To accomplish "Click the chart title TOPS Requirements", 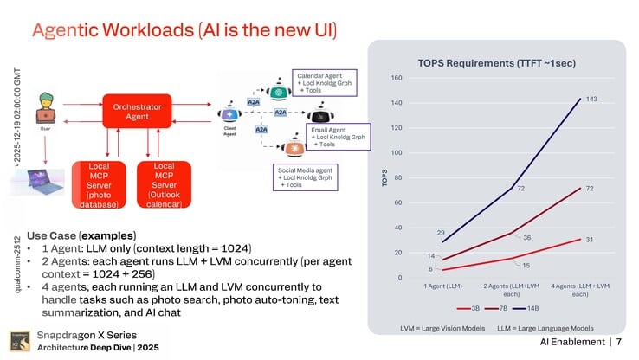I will pos(497,64).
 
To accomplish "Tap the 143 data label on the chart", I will pos(592,100).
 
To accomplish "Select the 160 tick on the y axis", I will pos(397,79).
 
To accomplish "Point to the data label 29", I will pos(440,233).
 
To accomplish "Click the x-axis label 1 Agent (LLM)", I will pos(443,286).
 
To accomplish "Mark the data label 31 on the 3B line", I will pos(588,240).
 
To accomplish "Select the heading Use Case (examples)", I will pos(81,235).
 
